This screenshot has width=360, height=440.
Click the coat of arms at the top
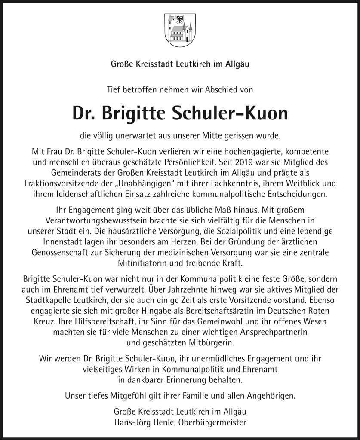click(180, 28)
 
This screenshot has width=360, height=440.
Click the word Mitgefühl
click(114, 395)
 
